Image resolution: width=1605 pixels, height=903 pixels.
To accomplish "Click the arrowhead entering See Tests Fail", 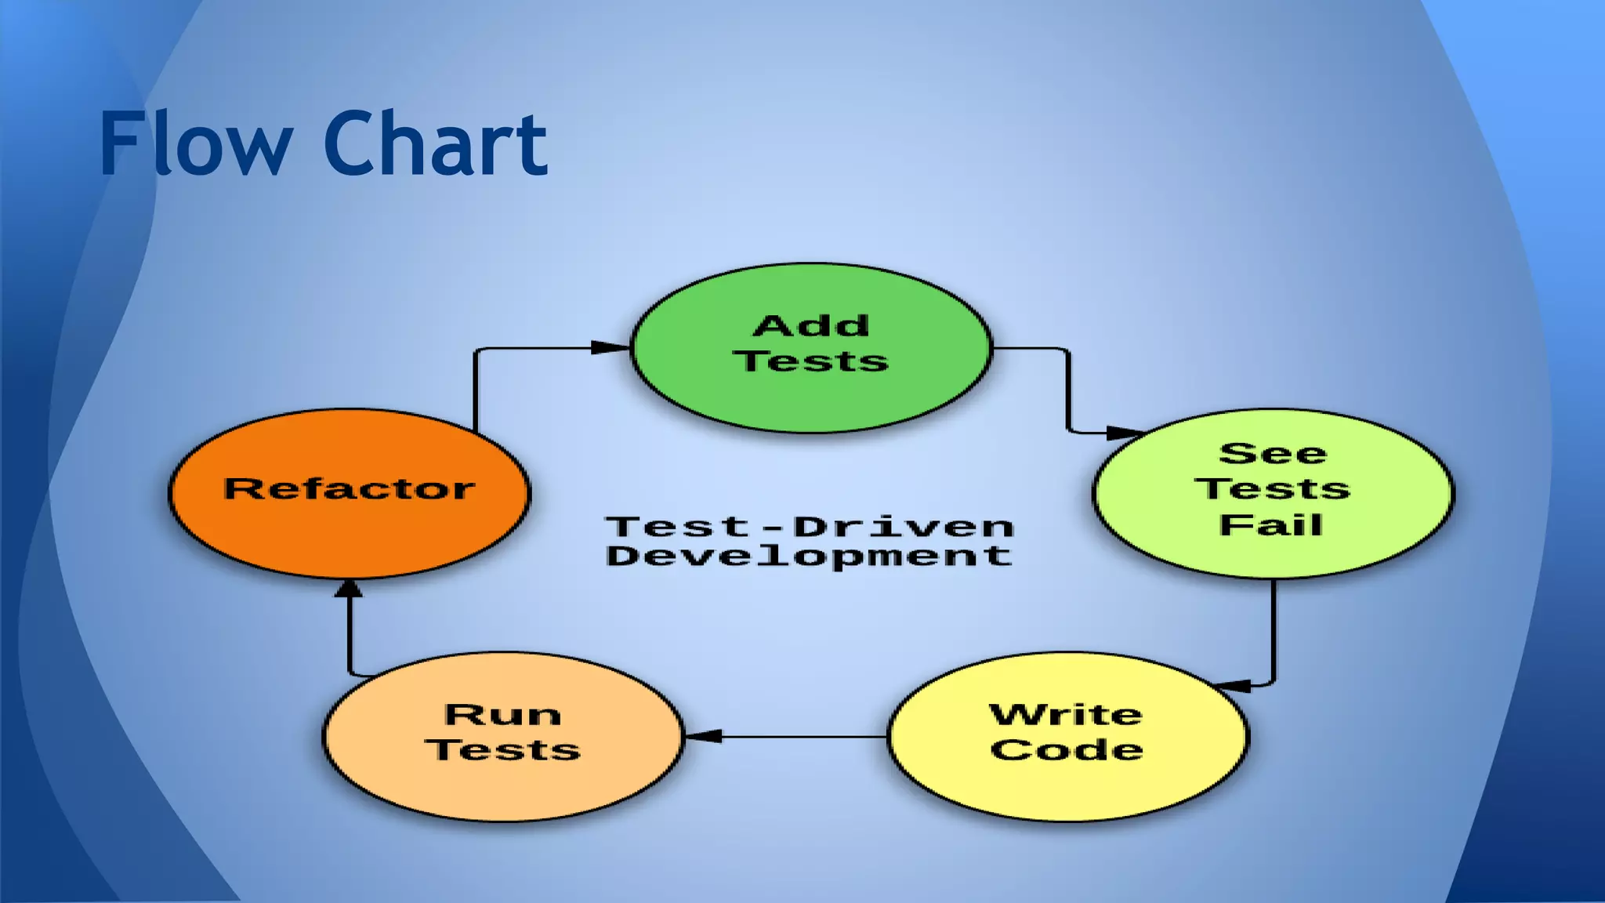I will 1122,433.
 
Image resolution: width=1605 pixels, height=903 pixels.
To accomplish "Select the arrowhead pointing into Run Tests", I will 703,736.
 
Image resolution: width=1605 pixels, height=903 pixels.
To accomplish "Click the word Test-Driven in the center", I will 810,527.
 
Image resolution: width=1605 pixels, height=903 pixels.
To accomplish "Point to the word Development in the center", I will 810,557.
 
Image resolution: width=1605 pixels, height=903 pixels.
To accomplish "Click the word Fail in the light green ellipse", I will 1270,524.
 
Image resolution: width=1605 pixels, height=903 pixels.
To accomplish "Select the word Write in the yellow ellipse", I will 1066,714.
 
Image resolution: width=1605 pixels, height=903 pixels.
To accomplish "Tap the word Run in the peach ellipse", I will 503,714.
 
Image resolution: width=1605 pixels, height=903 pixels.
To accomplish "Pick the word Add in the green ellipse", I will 811,326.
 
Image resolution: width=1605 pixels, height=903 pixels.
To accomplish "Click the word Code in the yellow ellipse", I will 1067,749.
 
